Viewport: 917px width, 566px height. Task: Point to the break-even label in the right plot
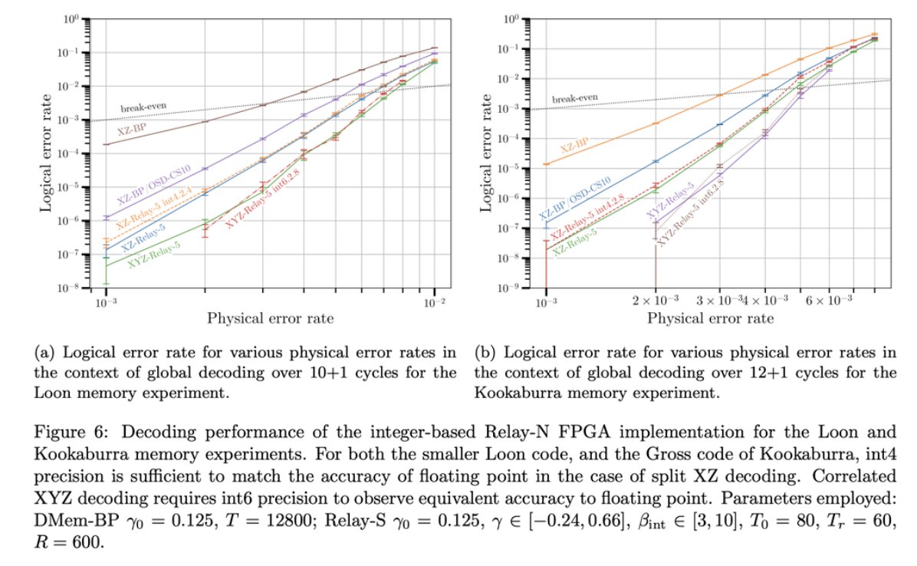click(x=575, y=98)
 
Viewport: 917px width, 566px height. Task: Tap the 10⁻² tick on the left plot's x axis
click(x=435, y=300)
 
